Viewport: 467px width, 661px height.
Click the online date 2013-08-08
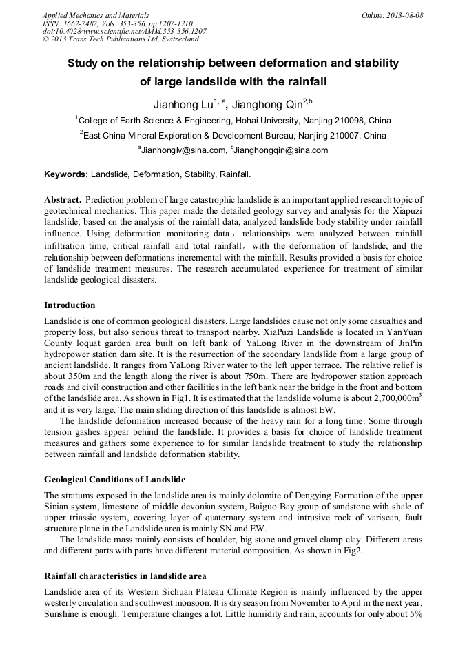pos(405,15)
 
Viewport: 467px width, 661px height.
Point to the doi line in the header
pos(124,32)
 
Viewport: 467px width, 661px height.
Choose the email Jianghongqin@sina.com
pos(282,150)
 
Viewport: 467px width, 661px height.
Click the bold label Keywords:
pos(66,175)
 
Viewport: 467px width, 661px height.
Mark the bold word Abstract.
pos(63,199)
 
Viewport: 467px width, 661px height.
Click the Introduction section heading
pos(70,305)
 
